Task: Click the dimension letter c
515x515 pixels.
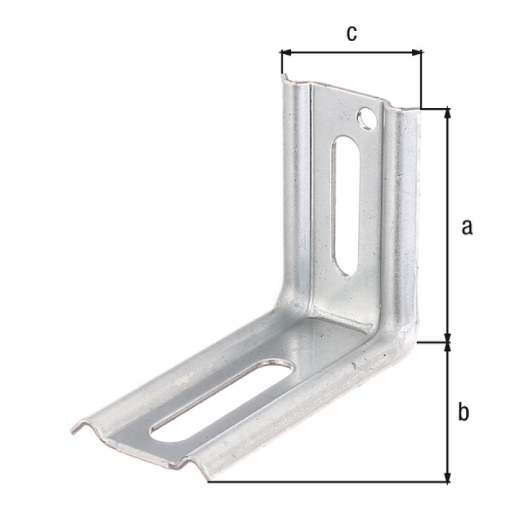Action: pyautogui.click(x=351, y=33)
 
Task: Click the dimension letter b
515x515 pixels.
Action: pyautogui.click(x=463, y=412)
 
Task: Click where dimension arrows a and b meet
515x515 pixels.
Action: pyautogui.click(x=448, y=342)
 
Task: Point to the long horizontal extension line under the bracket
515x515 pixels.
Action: pyautogui.click(x=322, y=482)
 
